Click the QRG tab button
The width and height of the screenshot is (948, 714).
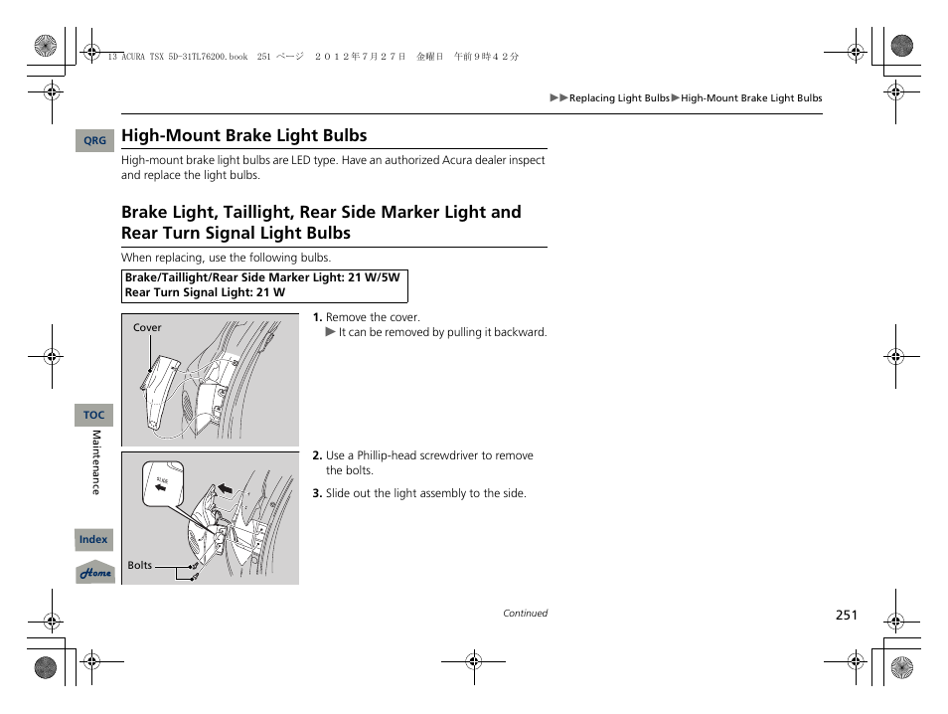pos(94,141)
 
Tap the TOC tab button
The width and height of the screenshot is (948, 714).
pos(93,415)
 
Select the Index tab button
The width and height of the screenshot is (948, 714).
pos(93,540)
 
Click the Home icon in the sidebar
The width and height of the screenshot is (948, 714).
pos(95,573)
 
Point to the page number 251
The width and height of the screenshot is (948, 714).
pos(846,616)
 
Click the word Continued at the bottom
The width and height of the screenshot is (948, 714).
pos(525,614)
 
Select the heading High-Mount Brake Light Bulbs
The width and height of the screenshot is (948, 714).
pos(243,136)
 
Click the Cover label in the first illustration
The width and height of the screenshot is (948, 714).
pos(147,327)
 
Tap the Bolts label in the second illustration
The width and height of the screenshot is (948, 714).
pos(140,565)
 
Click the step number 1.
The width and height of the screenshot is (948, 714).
pos(317,318)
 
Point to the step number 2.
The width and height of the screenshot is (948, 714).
pos(317,456)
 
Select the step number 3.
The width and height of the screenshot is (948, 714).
pos(317,494)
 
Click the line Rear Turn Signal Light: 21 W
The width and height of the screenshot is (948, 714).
pos(205,292)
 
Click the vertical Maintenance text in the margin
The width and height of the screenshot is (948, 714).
pos(96,462)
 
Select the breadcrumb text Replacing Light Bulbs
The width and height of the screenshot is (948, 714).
pos(619,98)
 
